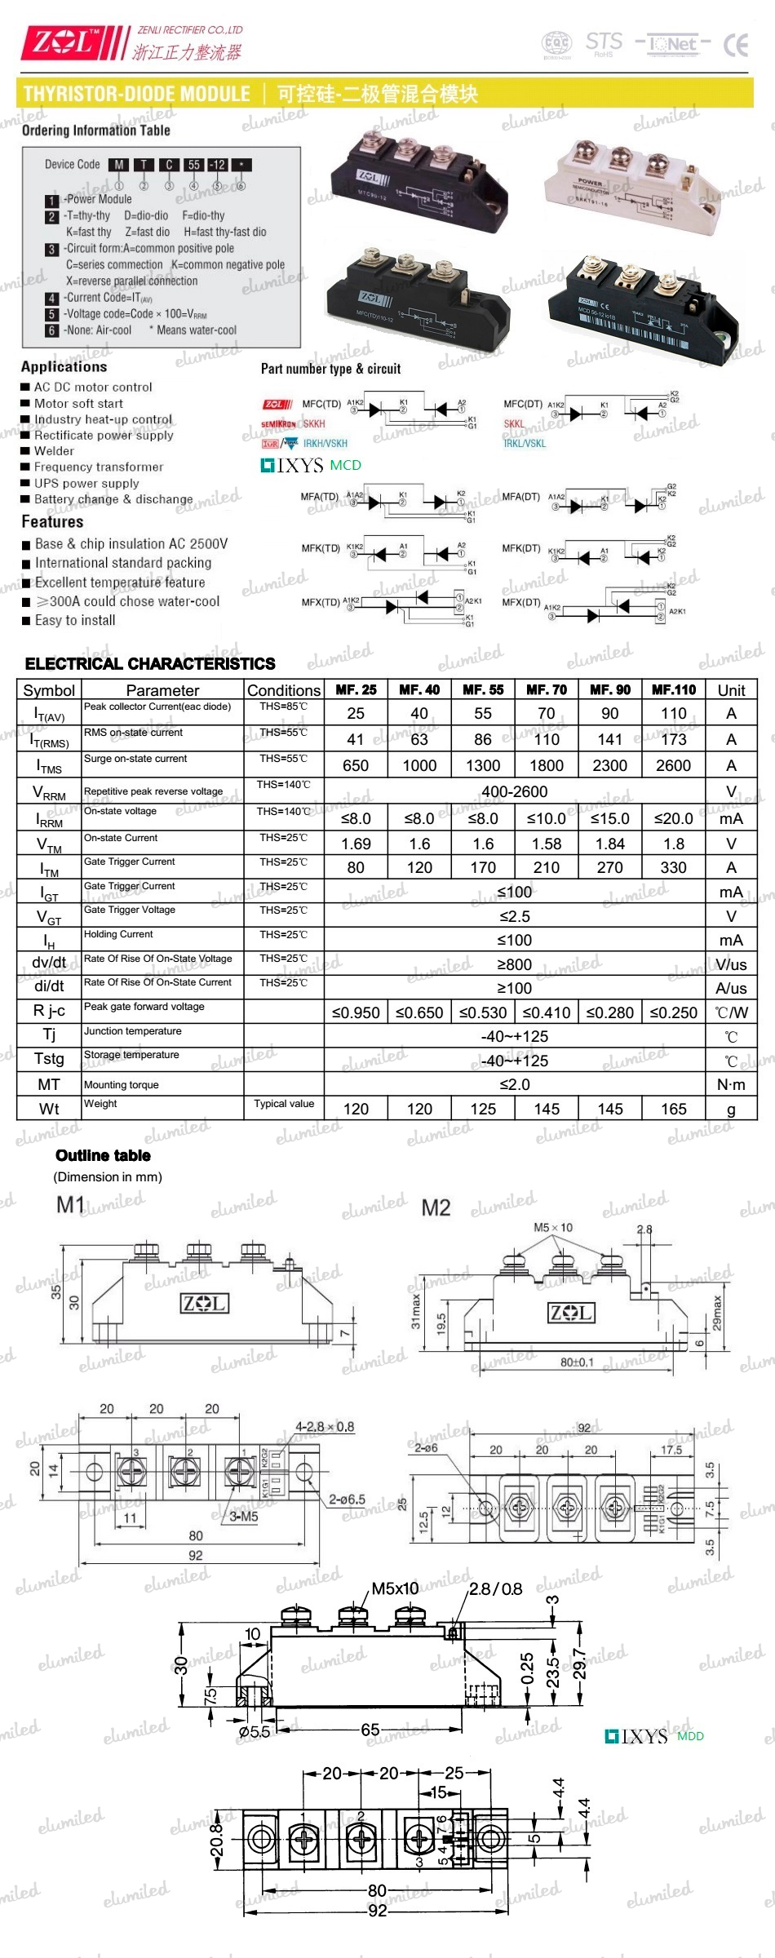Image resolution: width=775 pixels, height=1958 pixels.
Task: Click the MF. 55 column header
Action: point(483,689)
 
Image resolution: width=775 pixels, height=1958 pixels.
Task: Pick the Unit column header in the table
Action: point(731,690)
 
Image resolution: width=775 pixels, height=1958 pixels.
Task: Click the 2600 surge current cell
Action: point(673,765)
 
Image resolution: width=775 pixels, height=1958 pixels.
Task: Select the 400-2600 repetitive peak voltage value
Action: point(514,791)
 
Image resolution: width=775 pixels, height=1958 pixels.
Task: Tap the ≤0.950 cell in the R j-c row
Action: point(356,1012)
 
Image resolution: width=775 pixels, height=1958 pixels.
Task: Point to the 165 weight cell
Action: point(673,1109)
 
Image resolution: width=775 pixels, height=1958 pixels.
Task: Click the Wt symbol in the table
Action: point(49,1109)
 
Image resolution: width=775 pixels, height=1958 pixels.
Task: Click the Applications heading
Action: point(64,366)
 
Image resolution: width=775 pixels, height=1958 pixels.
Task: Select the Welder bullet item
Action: point(54,451)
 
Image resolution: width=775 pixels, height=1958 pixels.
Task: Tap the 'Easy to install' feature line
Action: point(74,620)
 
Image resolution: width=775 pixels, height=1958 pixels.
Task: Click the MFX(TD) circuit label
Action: point(320,602)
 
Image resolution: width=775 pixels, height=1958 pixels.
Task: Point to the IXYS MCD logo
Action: point(311,465)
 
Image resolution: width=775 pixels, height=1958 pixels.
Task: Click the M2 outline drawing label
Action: point(436,1207)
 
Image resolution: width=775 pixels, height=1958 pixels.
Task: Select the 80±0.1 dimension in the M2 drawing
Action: point(577,1362)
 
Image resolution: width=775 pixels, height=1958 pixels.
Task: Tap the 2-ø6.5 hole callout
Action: point(347,1499)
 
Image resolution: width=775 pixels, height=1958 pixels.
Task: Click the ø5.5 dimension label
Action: point(254,1731)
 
